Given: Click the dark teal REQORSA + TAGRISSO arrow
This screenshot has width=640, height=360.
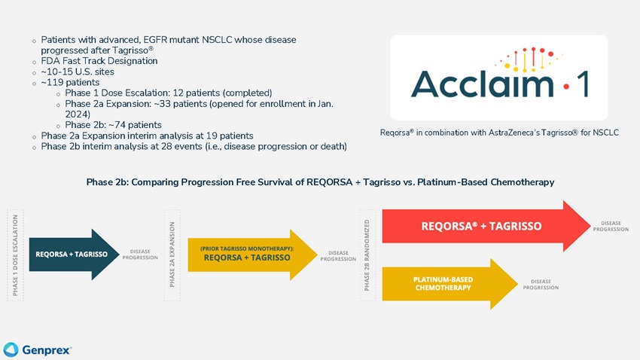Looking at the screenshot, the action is (x=74, y=255).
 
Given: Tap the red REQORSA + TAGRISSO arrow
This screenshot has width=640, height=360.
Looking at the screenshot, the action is (x=486, y=226).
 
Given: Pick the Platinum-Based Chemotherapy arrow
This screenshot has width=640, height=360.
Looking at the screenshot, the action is (x=450, y=284).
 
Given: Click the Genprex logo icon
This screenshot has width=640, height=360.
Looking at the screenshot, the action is (x=11, y=349).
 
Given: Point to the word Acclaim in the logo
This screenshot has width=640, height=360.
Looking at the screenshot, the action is (x=482, y=84).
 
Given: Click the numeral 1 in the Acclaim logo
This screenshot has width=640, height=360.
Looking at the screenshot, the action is (x=584, y=84).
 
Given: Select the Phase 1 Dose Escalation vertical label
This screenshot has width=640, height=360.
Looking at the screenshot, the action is (x=16, y=255).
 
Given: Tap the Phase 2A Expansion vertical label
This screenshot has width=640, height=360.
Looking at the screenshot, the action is (x=172, y=255).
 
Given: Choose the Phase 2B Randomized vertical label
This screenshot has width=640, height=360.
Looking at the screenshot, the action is (x=367, y=255).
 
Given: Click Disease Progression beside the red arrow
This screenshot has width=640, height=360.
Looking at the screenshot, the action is (x=611, y=226).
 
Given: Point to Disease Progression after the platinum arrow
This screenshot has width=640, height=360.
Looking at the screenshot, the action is (x=541, y=285).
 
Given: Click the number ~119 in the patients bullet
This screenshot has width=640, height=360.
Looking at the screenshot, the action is (x=50, y=82).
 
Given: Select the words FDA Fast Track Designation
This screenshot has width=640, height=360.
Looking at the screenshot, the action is (x=99, y=61).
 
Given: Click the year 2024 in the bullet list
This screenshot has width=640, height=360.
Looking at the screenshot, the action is (x=78, y=114).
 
